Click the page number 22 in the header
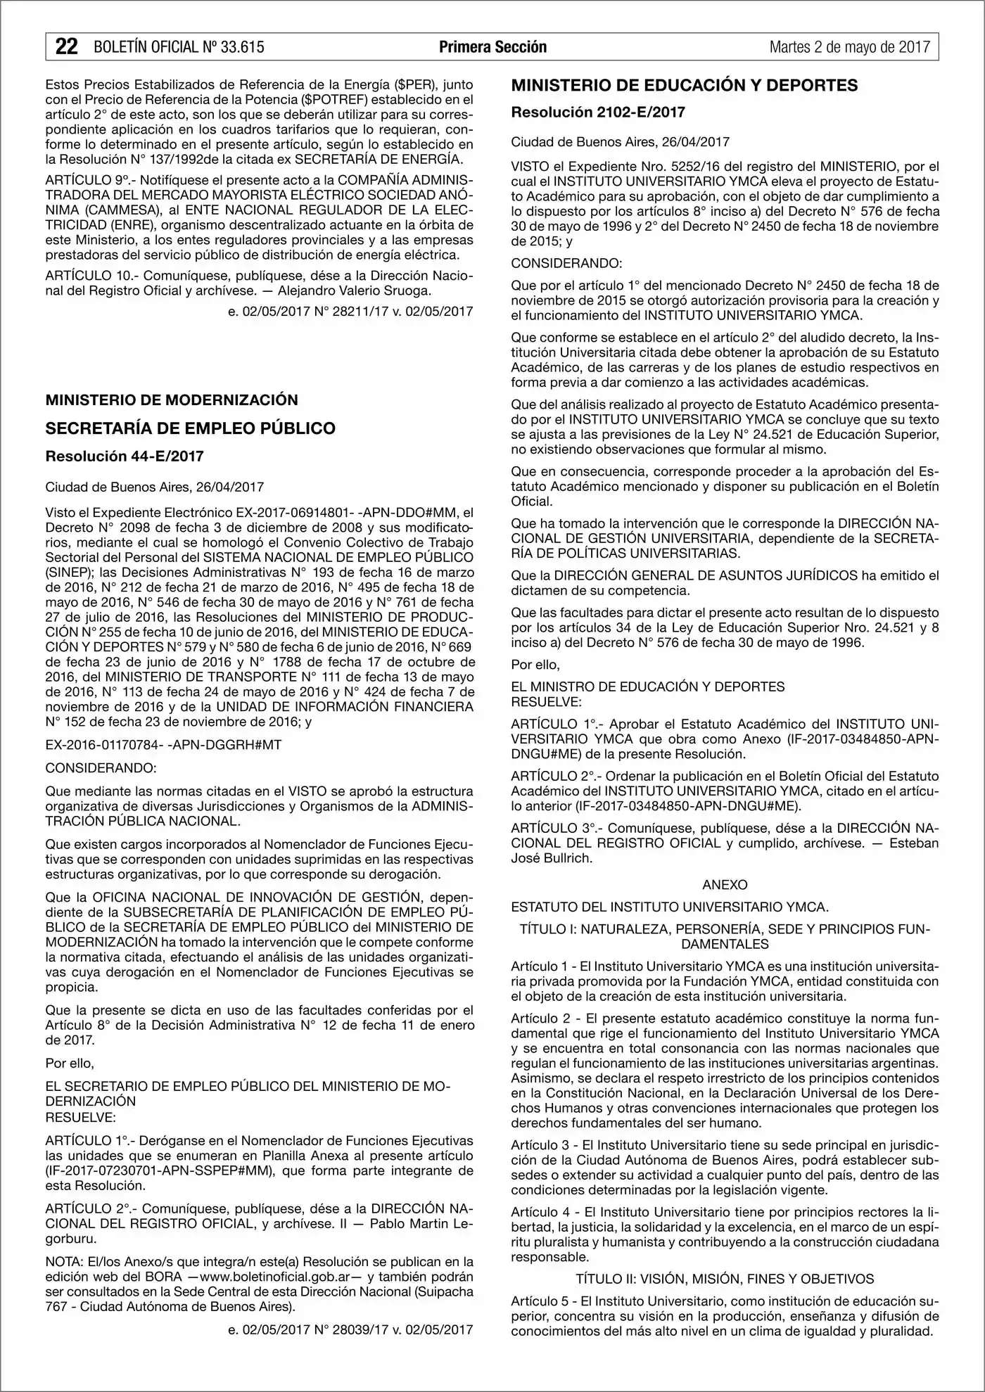tap(66, 46)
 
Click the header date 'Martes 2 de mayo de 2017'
tap(849, 47)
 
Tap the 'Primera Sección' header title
tap(493, 47)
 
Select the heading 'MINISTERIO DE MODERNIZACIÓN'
tap(172, 400)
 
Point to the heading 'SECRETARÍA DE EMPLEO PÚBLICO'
tap(190, 428)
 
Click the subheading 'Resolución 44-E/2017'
tap(125, 456)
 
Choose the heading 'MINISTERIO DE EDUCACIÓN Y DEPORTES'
tap(684, 85)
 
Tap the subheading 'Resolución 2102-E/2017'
tap(597, 112)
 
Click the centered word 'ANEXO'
tap(725, 884)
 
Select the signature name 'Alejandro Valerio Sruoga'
tap(353, 290)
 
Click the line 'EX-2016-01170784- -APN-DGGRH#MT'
tap(163, 744)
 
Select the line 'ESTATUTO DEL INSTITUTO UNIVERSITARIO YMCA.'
tap(670, 907)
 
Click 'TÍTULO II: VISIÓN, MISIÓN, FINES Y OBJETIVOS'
tap(725, 1278)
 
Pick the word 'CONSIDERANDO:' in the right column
tap(566, 263)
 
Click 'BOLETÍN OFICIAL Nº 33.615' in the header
tap(179, 47)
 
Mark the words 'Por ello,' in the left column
tap(70, 1063)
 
